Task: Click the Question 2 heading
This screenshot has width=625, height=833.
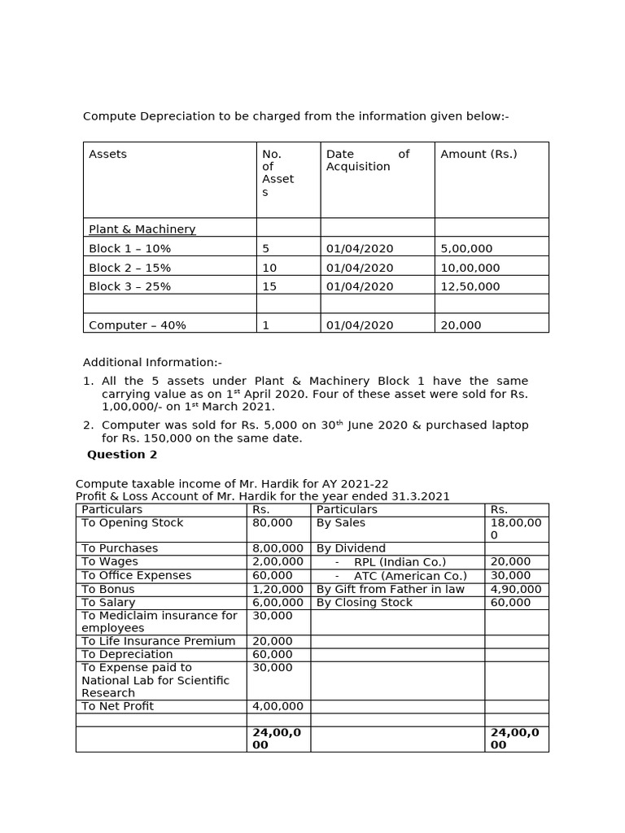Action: tap(122, 455)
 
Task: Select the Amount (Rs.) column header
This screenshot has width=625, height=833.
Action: tap(479, 155)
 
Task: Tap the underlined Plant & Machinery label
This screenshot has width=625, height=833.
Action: tap(142, 229)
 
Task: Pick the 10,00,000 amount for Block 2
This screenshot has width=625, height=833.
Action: tap(470, 268)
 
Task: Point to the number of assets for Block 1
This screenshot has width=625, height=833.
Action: tap(265, 249)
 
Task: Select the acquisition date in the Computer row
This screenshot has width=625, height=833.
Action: tap(359, 325)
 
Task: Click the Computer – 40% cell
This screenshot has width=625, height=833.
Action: tap(137, 325)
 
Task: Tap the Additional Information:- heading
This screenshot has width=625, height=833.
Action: tap(152, 363)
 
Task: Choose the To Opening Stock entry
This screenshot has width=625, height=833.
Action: tap(133, 523)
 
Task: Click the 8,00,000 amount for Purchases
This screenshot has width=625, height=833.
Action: tap(278, 549)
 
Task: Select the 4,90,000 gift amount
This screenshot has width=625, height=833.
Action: tap(516, 590)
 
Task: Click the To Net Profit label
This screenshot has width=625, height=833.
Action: tap(117, 706)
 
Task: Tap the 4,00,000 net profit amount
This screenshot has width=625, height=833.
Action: tap(278, 706)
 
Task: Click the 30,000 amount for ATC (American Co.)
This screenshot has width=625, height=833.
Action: tap(510, 576)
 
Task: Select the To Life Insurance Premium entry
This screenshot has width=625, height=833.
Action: tap(158, 642)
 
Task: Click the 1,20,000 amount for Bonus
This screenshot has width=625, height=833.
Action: tap(278, 590)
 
